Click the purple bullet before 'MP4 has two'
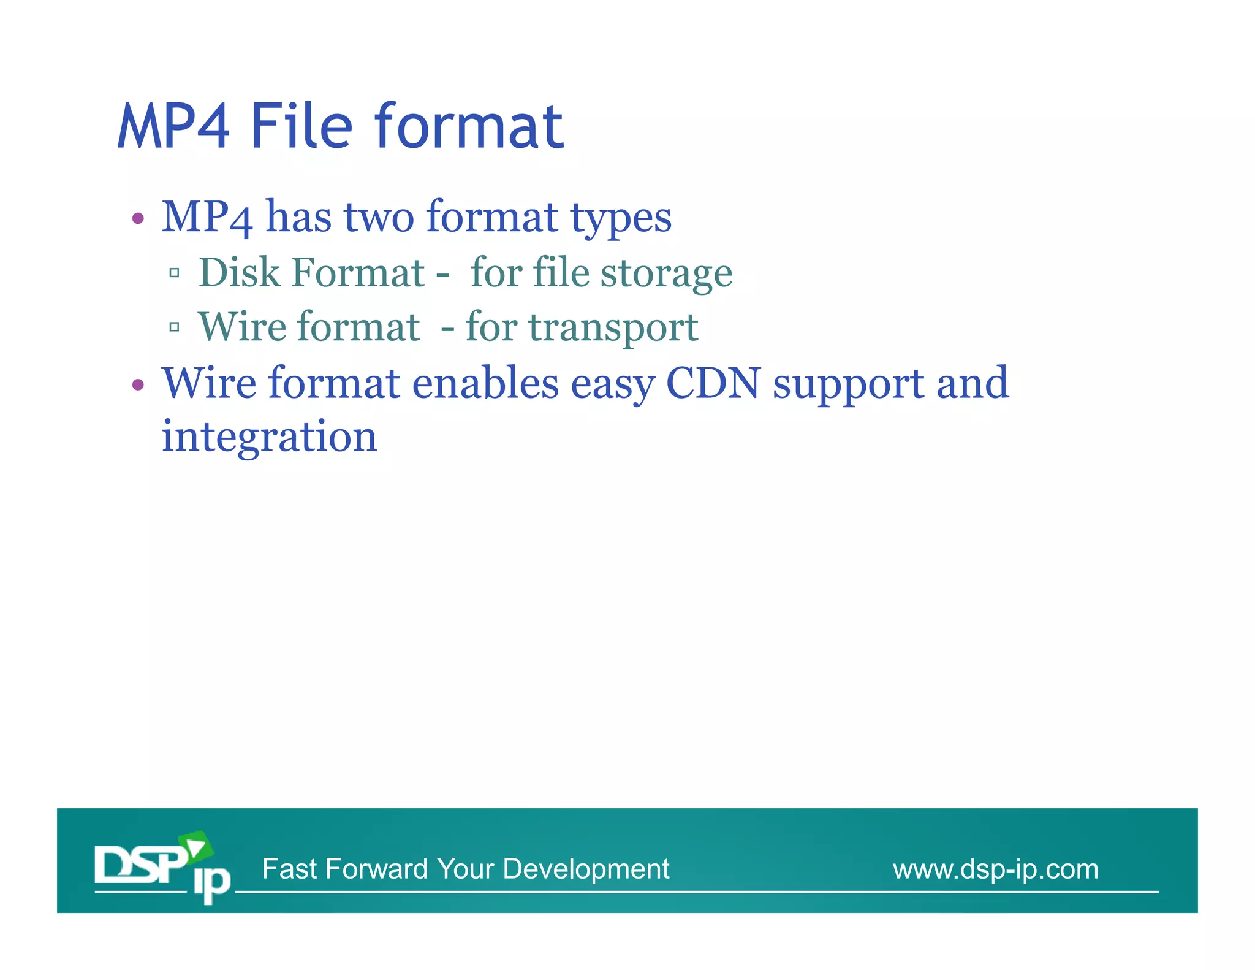coord(138,218)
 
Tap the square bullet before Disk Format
coord(174,273)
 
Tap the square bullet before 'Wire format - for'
coord(174,327)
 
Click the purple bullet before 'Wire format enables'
coord(138,385)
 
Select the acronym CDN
coord(713,383)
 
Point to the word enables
coord(485,383)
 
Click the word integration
coord(269,438)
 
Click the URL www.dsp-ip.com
coord(995,869)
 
